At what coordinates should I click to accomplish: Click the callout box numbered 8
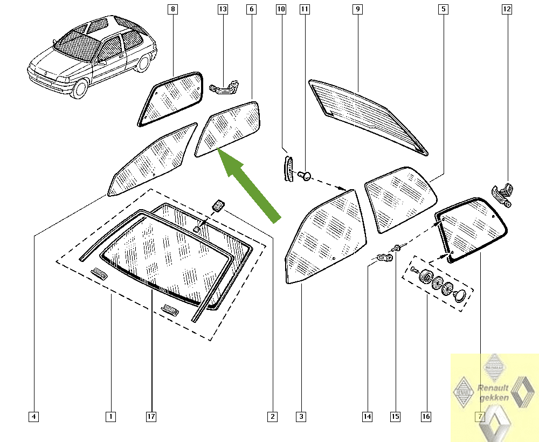click(x=173, y=9)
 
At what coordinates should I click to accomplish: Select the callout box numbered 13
click(x=223, y=9)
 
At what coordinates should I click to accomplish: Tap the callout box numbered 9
click(x=357, y=9)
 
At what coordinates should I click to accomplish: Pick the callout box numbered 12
click(x=507, y=9)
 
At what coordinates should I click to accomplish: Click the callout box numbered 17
click(x=151, y=417)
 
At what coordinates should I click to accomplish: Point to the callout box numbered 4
click(x=33, y=417)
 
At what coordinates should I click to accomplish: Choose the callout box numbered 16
click(x=426, y=417)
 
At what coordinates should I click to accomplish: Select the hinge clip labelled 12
click(x=502, y=195)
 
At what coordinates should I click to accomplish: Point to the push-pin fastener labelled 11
click(x=305, y=177)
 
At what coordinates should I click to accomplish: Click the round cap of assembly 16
click(x=460, y=296)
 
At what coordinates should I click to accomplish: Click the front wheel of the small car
click(x=80, y=87)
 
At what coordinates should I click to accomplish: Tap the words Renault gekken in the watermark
click(x=494, y=393)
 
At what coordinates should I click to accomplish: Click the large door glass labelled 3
click(x=326, y=237)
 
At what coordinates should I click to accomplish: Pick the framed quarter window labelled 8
click(x=170, y=99)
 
